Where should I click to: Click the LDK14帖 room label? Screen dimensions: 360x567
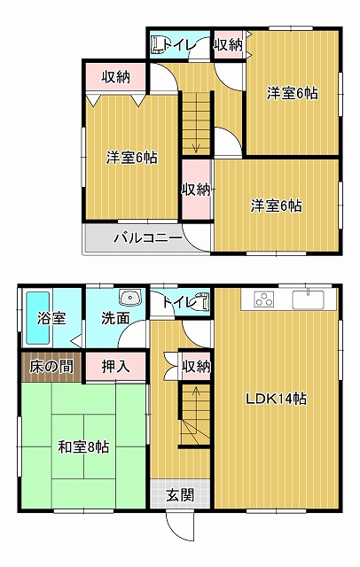point(277,399)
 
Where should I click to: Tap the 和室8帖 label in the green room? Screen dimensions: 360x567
point(83,447)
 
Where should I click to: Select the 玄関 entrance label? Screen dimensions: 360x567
point(180,494)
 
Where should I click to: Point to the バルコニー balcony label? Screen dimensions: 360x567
point(148,238)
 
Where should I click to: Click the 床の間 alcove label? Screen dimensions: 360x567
point(51,367)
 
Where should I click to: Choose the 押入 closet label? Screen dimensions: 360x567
point(115,367)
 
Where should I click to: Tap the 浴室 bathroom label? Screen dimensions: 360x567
point(51,318)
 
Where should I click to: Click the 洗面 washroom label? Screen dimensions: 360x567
point(115,318)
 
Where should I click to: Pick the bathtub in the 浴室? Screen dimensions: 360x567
point(37,318)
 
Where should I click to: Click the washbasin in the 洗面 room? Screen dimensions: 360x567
point(130,298)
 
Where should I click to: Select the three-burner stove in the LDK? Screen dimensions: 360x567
point(263,299)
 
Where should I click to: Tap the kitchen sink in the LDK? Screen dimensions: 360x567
point(309,299)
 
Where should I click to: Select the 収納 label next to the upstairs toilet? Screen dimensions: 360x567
point(228,45)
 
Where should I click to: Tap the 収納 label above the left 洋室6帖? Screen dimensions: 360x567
point(116,77)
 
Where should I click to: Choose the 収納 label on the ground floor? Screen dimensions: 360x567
point(196,367)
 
